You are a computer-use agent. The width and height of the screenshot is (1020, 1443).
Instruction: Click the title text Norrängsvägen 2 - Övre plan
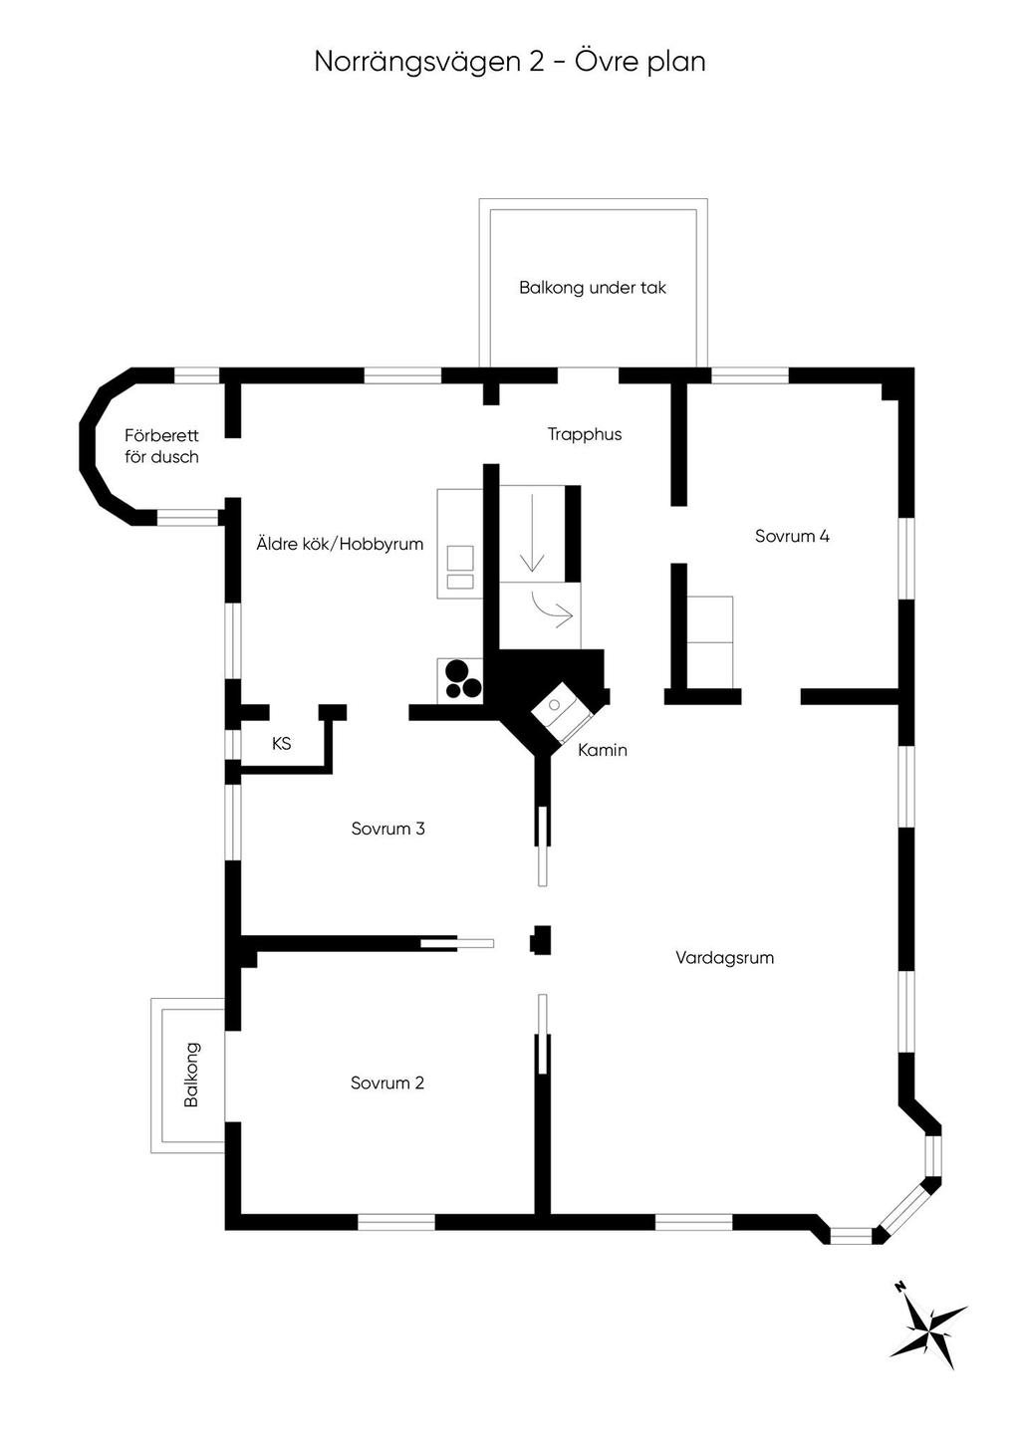coord(510,62)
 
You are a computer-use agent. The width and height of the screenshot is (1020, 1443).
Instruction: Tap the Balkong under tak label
coord(592,288)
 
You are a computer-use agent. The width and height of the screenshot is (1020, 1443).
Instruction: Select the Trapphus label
coord(585,434)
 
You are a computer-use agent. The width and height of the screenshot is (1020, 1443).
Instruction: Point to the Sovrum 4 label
coord(792,536)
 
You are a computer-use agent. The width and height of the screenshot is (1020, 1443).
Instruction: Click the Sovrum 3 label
coord(387,829)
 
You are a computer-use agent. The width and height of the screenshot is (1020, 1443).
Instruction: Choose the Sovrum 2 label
coord(387,1082)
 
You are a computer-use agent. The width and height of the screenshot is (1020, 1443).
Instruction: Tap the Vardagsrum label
coord(724,958)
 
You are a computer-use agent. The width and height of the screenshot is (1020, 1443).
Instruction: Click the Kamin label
coord(603,750)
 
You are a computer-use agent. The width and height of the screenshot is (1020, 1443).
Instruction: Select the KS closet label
coord(282,743)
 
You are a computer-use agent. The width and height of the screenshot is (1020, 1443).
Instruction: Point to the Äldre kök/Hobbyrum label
coord(340,544)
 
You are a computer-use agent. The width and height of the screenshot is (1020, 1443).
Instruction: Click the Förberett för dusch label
coord(161,446)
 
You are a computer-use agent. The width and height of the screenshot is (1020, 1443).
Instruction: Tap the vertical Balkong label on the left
coord(191,1075)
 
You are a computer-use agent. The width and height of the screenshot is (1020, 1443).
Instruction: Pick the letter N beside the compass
coord(898,1287)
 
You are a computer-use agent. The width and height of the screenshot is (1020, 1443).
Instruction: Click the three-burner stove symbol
coord(462,679)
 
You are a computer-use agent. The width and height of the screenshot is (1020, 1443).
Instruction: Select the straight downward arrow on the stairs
coord(532,533)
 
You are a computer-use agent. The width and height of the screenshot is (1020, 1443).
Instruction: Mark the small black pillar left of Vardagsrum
coord(540,940)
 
